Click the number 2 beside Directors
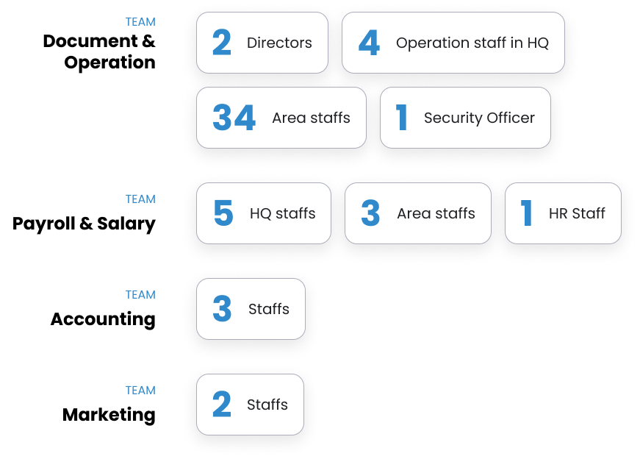pyautogui.click(x=221, y=43)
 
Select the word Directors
pyautogui.click(x=279, y=43)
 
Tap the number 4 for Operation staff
pyautogui.click(x=369, y=43)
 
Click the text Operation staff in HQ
pyautogui.click(x=472, y=43)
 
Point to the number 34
pyautogui.click(x=234, y=118)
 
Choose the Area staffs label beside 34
pyautogui.click(x=311, y=118)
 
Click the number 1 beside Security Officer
pyautogui.click(x=401, y=118)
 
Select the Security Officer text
pyautogui.click(x=479, y=118)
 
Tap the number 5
pyautogui.click(x=223, y=213)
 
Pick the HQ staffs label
pyautogui.click(x=282, y=213)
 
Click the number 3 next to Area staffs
pyautogui.click(x=370, y=213)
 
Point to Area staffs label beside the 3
pyautogui.click(x=436, y=213)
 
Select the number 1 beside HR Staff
pyautogui.click(x=526, y=213)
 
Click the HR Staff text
pyautogui.click(x=577, y=213)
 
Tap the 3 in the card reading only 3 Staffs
pyautogui.click(x=222, y=309)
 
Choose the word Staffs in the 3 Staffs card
pyautogui.click(x=269, y=309)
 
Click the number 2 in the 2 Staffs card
pyautogui.click(x=221, y=405)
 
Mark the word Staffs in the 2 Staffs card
pyautogui.click(x=267, y=405)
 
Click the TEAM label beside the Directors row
pyautogui.click(x=140, y=22)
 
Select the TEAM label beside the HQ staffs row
pyautogui.click(x=140, y=199)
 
